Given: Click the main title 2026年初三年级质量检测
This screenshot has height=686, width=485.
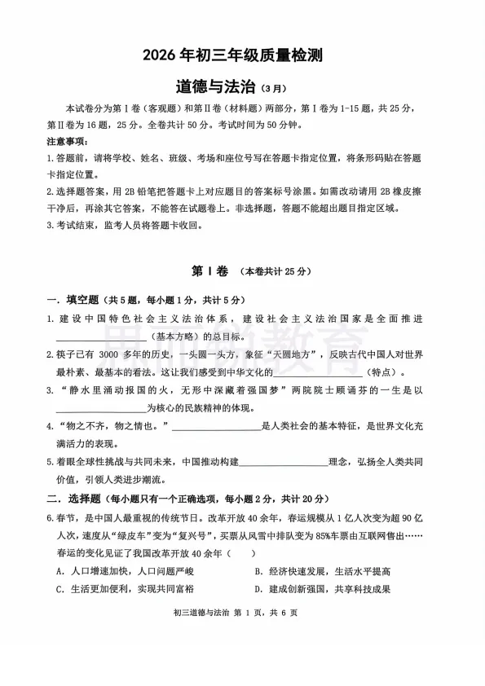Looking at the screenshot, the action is coord(244,55).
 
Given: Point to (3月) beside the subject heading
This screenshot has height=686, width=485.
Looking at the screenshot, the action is coord(275,89).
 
